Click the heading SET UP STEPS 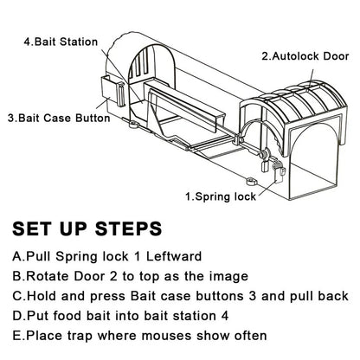pyautogui.click(x=87, y=228)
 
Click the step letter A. pyautogui.click(x=17, y=257)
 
